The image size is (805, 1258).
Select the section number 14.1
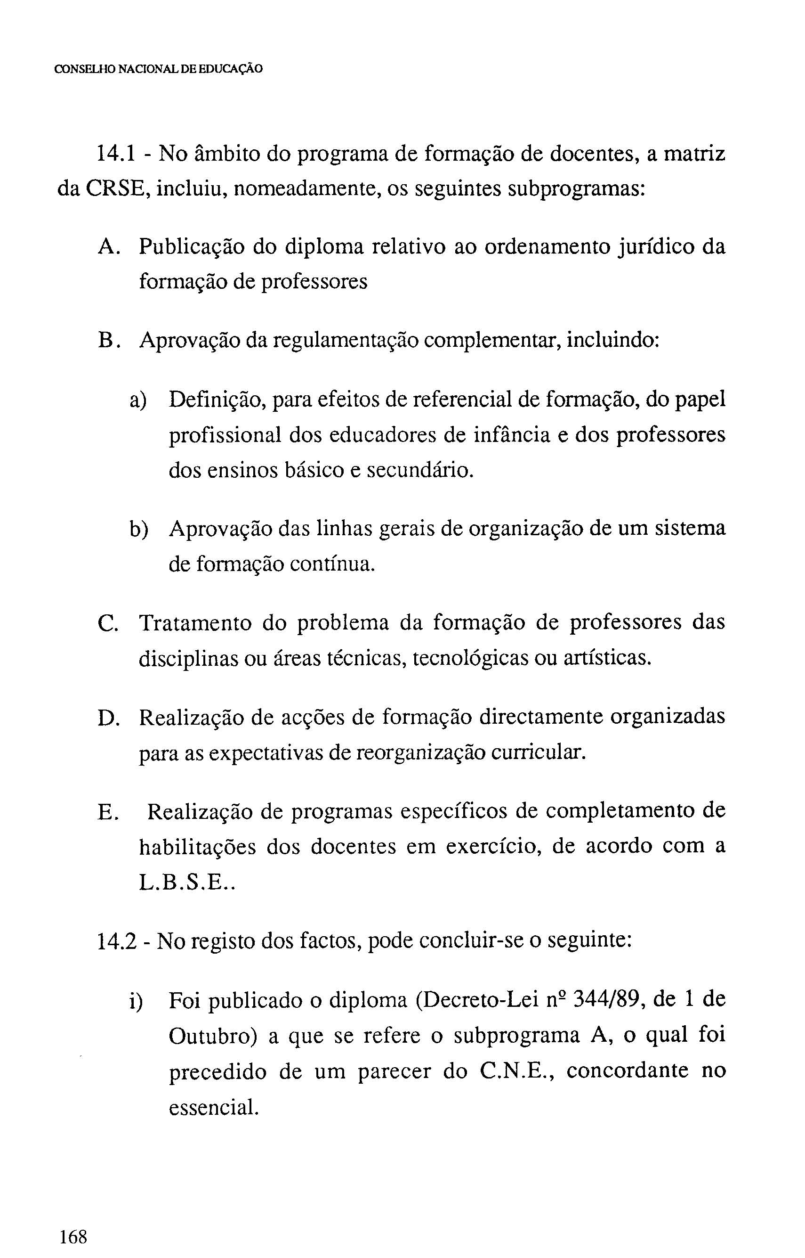point(117,155)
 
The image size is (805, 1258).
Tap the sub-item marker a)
point(138,400)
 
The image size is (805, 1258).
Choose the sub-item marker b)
point(138,530)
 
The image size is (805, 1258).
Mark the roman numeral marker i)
point(137,1001)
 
